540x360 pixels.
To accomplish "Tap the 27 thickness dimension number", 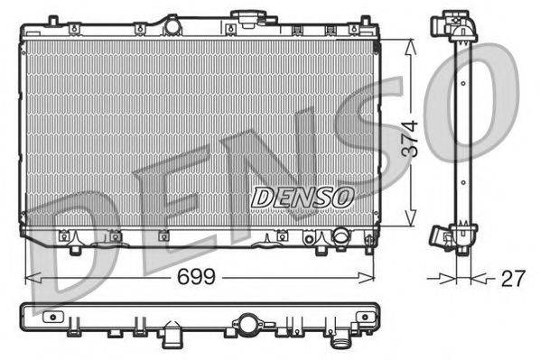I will (x=513, y=279).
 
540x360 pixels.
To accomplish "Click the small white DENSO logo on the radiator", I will (x=303, y=196).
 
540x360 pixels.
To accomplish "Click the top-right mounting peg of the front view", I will (x=369, y=28).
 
